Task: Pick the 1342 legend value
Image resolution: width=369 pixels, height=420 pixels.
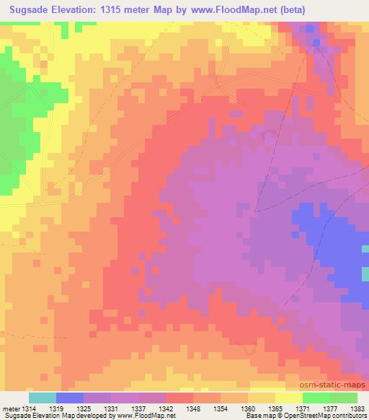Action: [x=166, y=408]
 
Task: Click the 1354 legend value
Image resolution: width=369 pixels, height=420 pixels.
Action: [x=221, y=408]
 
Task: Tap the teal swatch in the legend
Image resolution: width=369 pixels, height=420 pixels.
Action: [x=43, y=398]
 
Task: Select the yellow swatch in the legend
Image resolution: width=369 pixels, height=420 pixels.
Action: [x=288, y=398]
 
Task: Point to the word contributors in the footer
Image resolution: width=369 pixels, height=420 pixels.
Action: [x=349, y=416]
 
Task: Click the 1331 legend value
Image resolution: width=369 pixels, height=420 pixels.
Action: [x=112, y=408]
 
